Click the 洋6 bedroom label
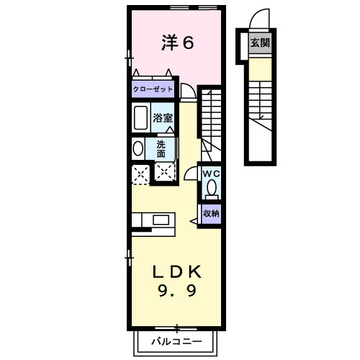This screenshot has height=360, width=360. tap(177, 43)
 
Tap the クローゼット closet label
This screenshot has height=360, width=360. tap(152, 91)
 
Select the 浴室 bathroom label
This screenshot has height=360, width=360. tap(162, 118)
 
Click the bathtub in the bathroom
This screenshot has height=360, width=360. tap(140, 117)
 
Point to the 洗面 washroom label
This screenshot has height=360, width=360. tap(161, 148)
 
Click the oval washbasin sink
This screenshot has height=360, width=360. tap(138, 148)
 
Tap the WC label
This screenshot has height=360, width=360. tap(211, 174)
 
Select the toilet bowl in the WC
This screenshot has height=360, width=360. tap(211, 188)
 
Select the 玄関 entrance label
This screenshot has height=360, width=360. tap(260, 43)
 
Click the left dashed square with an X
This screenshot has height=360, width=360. tap(140, 173)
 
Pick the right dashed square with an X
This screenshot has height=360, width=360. tap(165, 173)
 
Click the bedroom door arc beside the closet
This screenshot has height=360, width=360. tap(188, 91)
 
